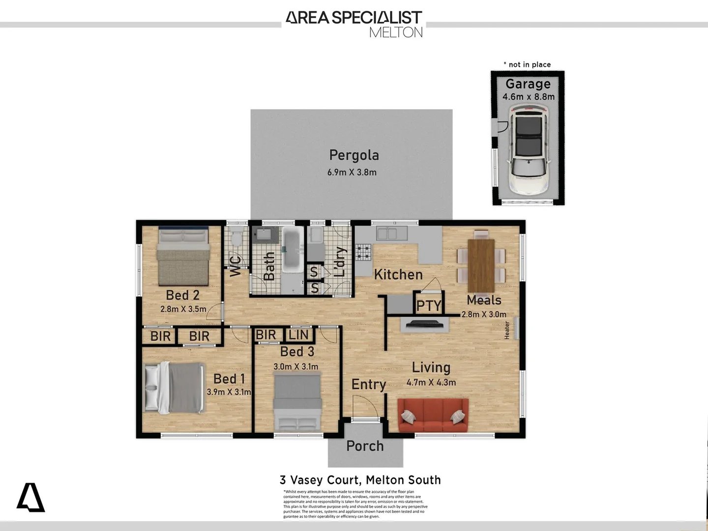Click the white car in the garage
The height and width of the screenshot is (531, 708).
click(528, 152)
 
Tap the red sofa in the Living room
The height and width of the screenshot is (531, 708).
click(433, 415)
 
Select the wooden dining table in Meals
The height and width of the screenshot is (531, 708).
click(481, 265)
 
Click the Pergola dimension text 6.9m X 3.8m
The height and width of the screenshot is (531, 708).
click(352, 172)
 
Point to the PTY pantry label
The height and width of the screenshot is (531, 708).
click(429, 306)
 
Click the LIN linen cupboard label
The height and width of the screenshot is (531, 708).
click(298, 335)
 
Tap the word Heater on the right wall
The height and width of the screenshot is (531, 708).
click(507, 330)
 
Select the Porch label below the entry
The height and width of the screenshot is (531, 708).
click(365, 446)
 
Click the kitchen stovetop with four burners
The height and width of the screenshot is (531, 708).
click(363, 252)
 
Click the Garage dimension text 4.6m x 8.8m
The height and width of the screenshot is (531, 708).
click(529, 97)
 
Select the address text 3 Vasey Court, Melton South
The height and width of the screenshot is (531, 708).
click(360, 480)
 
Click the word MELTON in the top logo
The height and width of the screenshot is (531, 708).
click(396, 32)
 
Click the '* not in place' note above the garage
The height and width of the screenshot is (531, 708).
click(527, 64)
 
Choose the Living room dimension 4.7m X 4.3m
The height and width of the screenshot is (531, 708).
click(431, 383)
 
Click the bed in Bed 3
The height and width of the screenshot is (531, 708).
click(297, 401)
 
